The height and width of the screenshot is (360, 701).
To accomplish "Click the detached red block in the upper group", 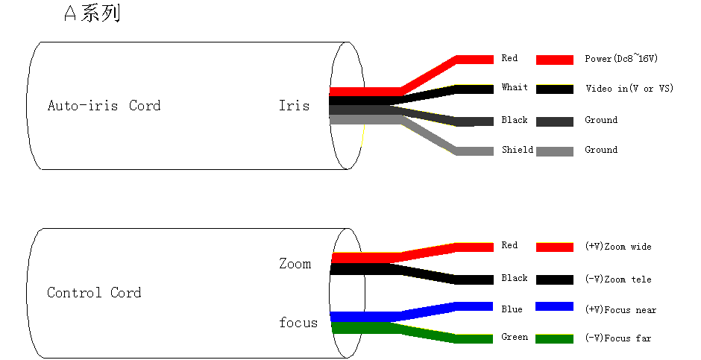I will tap(555, 60).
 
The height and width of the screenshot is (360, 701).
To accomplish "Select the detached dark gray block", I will tap(555, 121).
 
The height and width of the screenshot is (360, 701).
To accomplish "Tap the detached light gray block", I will tap(555, 151).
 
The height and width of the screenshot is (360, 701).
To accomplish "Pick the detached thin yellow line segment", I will tap(555, 85).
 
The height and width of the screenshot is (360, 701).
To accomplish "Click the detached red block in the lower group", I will tap(555, 247).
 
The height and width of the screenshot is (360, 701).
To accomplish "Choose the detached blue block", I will tap(555, 306).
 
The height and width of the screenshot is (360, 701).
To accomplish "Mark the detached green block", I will tap(555, 339).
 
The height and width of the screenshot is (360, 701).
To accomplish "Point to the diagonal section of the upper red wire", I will tap(429, 75).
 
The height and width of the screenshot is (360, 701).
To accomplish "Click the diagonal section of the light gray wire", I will tap(429, 136).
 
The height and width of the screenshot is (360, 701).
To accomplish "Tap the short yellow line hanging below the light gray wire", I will tap(363, 136).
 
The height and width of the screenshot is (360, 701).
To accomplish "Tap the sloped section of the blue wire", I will tap(429, 311).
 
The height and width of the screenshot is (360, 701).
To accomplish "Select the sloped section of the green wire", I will tap(429, 334).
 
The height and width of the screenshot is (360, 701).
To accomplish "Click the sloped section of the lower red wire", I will tap(429, 252).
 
